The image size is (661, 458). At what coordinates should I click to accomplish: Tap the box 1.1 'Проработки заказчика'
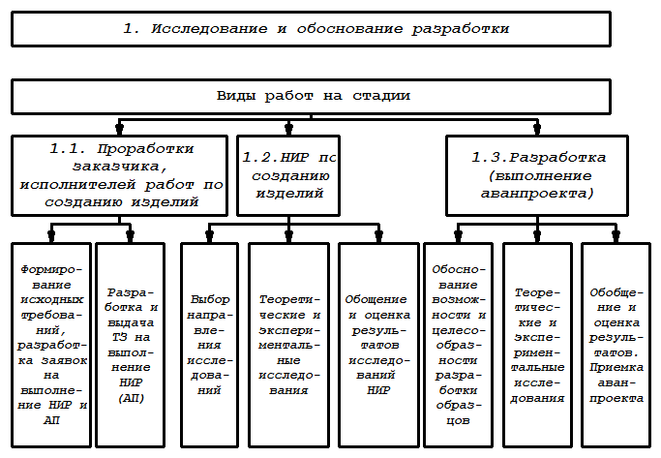coord(121,175)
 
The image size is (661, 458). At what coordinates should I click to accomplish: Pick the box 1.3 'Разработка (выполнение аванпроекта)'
coord(538,175)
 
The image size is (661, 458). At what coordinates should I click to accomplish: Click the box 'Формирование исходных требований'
coord(51,343)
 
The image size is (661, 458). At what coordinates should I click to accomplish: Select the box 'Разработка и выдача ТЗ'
coord(132,343)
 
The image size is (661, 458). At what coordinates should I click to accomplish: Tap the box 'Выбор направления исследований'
coord(210,343)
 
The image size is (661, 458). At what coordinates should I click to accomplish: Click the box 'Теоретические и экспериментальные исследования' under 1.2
coord(288,343)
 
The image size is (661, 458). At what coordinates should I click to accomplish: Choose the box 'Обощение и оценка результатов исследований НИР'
coord(376,343)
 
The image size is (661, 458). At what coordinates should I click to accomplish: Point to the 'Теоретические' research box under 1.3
coord(538,343)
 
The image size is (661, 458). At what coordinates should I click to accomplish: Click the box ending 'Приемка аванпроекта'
coord(616,343)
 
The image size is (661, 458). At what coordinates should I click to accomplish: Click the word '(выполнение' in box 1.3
coord(538,175)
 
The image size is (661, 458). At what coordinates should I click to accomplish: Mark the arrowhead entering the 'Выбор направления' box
coord(210,234)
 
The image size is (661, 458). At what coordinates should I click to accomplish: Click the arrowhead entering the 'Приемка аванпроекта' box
coord(616,234)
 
